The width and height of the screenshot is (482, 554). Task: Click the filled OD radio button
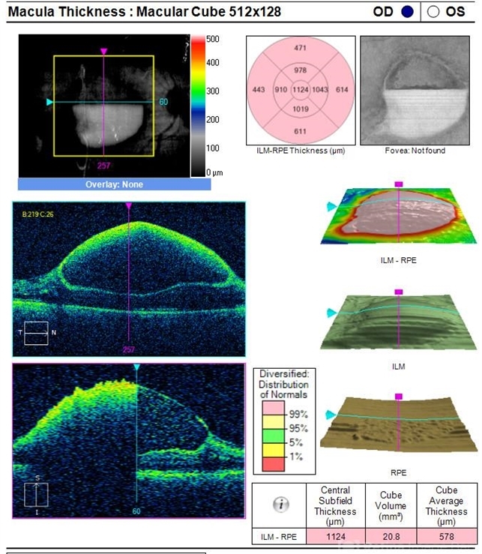tap(408, 11)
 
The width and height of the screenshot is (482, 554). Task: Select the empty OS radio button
tap(434, 11)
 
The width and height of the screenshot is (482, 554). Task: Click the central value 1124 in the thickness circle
tap(300, 90)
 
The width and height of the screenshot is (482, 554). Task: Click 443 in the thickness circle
tap(259, 90)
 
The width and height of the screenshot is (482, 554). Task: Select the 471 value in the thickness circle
tap(300, 47)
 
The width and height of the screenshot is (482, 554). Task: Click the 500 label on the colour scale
tap(213, 39)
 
